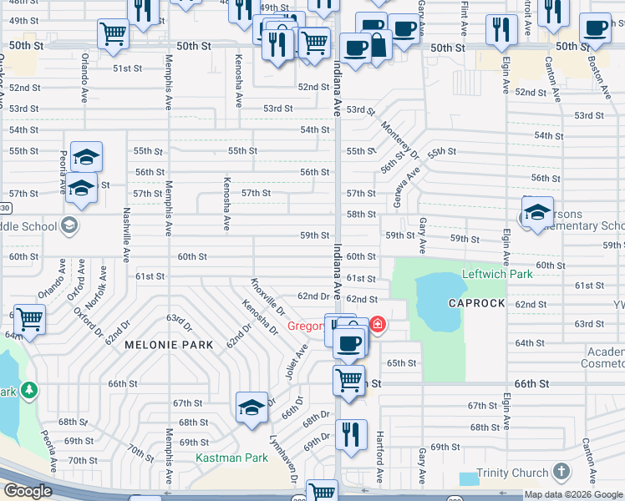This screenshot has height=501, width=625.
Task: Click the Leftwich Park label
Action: (x=497, y=274)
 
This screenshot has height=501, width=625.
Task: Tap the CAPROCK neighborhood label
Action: (x=476, y=303)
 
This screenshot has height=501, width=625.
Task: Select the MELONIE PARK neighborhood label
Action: (x=169, y=344)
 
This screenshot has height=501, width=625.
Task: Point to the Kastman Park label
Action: (x=231, y=458)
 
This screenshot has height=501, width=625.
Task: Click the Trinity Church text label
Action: (x=512, y=473)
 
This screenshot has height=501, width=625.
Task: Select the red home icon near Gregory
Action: (x=378, y=324)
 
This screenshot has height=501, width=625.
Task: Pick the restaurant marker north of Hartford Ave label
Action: (x=351, y=434)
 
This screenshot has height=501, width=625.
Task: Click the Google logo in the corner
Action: (x=28, y=491)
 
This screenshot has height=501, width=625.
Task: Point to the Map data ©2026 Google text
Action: (x=573, y=494)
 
